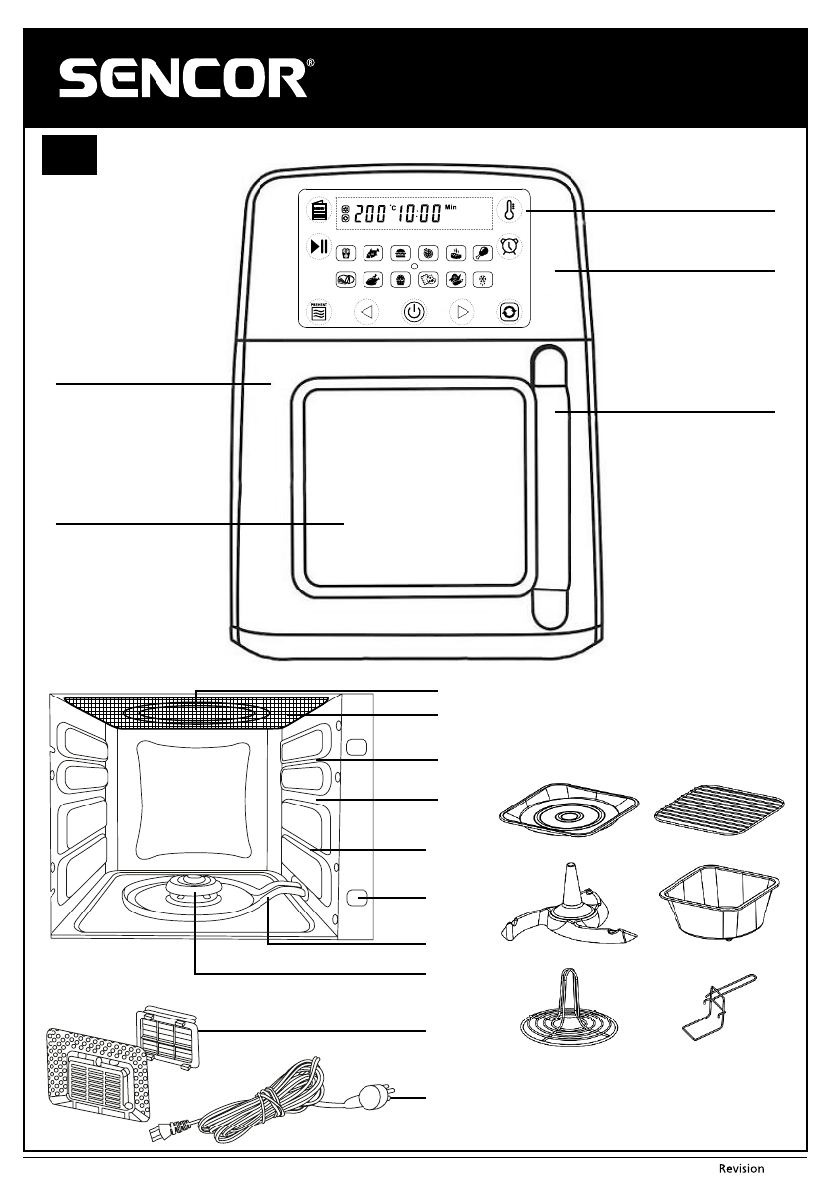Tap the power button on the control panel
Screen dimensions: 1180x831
(x=414, y=311)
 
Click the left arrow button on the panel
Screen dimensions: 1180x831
(x=366, y=311)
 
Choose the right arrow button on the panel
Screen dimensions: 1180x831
(x=462, y=311)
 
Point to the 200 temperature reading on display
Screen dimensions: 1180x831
(x=368, y=213)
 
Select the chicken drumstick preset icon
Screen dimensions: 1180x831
(x=482, y=252)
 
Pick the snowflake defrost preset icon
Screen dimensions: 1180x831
(x=482, y=280)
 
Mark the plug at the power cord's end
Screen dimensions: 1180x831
(x=373, y=1096)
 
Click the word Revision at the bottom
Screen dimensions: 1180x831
(x=741, y=1169)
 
